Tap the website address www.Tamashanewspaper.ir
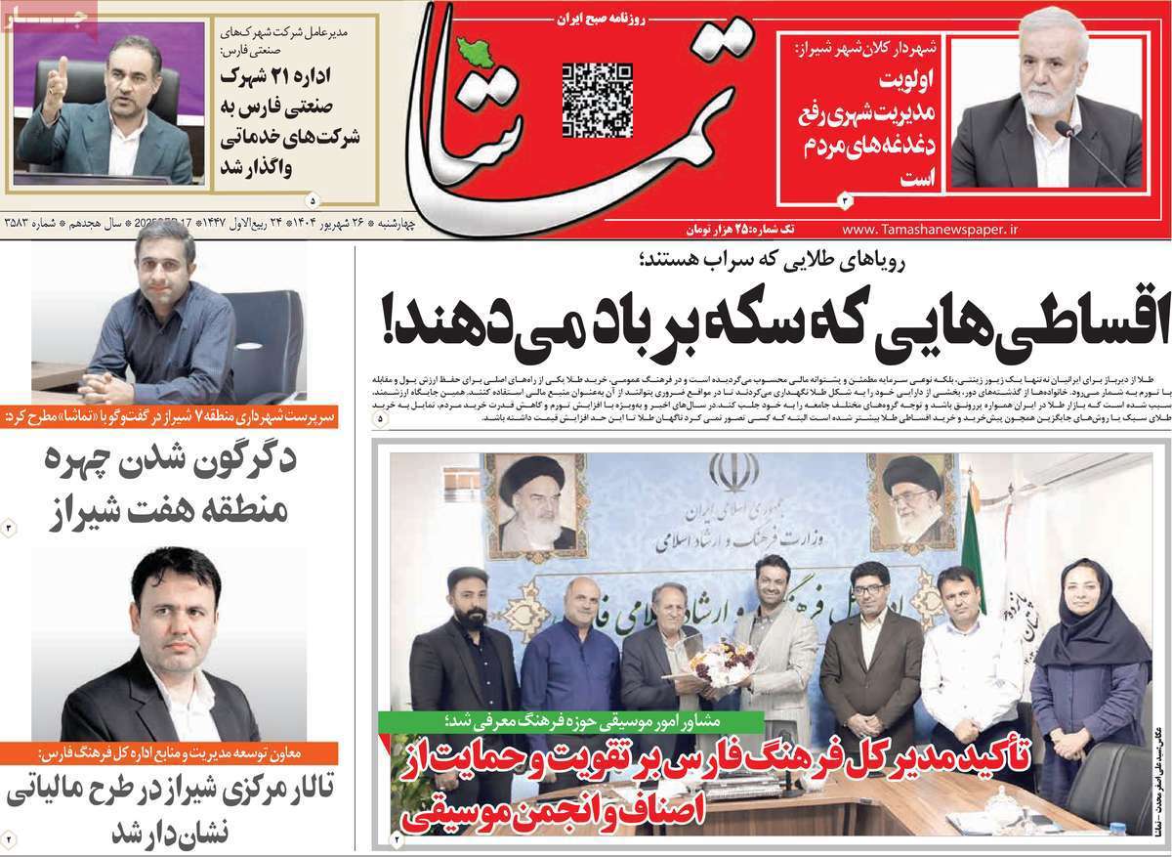click(929, 228)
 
